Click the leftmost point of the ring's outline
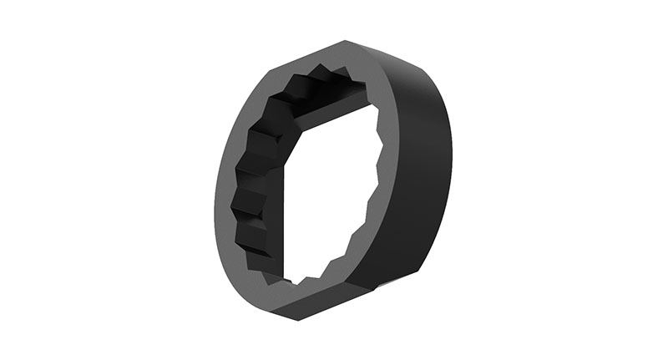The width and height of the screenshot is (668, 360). (x=214, y=196)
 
